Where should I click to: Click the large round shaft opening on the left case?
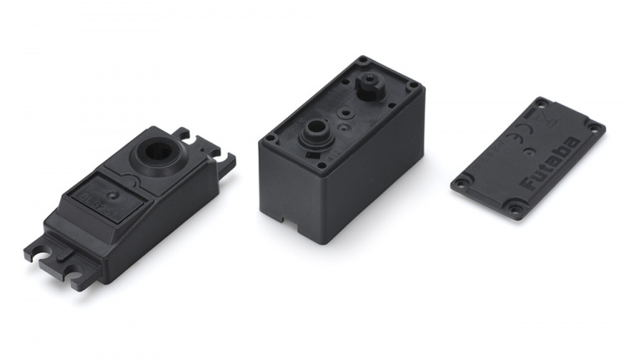point(157,151)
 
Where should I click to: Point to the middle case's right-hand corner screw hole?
point(411,86)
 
